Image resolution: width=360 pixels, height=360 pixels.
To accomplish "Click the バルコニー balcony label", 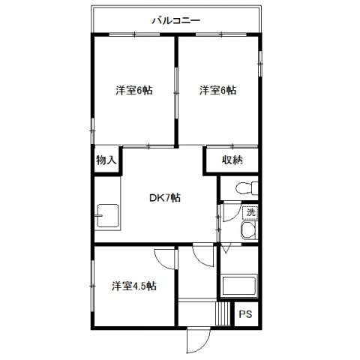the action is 176,20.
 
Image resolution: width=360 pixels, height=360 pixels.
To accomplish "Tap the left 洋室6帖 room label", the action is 134,90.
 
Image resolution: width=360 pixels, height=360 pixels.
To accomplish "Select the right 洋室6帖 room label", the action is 217,90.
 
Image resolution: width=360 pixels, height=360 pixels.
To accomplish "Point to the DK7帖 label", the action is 165,198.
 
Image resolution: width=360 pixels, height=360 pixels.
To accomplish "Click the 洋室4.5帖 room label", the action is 134,286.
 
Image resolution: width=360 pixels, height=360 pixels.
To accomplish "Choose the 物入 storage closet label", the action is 106,160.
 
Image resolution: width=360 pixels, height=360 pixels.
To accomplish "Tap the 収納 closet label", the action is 232,160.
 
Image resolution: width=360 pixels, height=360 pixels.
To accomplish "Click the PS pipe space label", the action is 245,314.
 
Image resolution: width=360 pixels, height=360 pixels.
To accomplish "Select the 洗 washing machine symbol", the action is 250,212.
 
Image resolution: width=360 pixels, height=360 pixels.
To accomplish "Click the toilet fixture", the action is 247,188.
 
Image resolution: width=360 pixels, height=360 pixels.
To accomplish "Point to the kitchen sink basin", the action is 108,215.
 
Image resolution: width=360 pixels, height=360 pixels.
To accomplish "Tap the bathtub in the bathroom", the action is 239,285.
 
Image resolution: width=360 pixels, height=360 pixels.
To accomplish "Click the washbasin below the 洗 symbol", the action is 249,230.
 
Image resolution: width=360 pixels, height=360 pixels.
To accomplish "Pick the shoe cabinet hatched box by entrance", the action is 223,313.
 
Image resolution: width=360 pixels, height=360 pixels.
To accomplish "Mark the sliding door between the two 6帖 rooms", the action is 176,93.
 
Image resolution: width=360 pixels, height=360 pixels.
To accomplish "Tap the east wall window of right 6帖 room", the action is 260,64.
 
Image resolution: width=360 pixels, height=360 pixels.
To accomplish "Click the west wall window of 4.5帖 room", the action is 92,286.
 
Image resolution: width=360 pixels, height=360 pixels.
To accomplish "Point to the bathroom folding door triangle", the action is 226,249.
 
